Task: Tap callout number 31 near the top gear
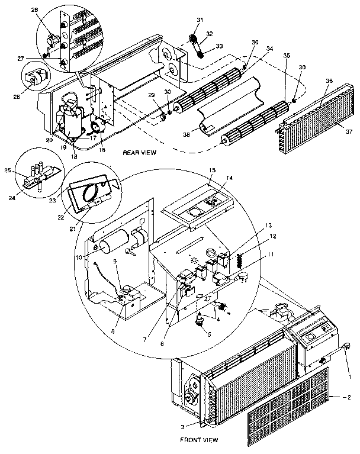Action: coord(200,21)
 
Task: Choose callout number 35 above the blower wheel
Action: coord(286,56)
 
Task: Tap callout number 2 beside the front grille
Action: coord(349,397)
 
